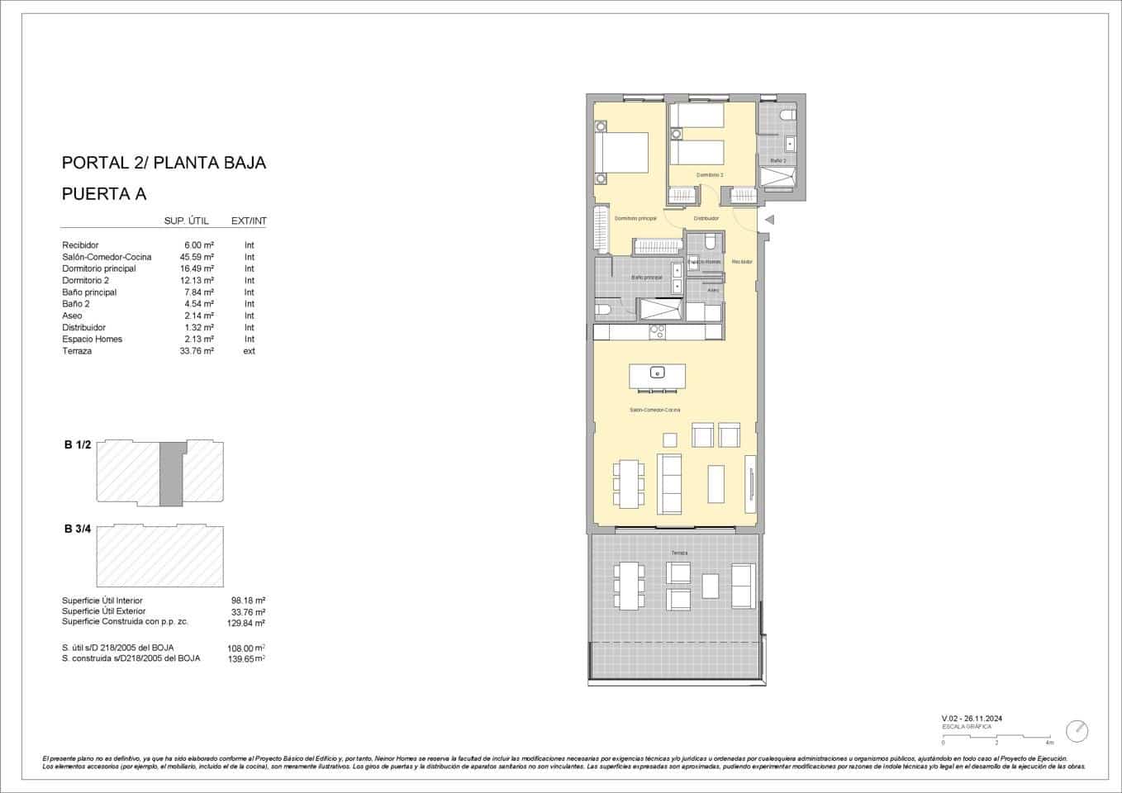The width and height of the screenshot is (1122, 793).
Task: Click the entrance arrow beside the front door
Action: tap(768, 220)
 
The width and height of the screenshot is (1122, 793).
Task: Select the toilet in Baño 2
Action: tap(787, 116)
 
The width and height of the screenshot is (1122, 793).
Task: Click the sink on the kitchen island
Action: tap(657, 372)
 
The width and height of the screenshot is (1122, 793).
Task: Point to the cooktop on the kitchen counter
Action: tap(658, 332)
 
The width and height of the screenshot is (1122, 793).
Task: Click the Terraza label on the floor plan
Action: tap(679, 553)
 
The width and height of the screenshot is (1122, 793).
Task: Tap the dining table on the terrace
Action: tap(629, 586)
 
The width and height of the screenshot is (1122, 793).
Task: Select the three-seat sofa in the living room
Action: tap(669, 482)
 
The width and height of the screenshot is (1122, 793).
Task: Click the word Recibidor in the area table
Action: tap(80, 245)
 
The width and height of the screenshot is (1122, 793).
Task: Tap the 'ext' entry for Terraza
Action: tap(249, 351)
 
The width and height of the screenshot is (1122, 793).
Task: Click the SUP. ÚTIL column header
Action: tap(187, 221)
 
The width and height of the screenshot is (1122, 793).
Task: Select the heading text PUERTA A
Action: tap(104, 194)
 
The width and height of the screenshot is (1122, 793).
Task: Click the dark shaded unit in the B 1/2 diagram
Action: tap(170, 474)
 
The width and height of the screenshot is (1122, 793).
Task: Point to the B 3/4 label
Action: tap(77, 529)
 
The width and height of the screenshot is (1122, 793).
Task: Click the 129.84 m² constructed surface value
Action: tap(245, 624)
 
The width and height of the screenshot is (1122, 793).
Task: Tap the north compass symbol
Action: tap(1077, 731)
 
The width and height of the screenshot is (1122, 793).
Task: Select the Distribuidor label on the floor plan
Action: tap(706, 218)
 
